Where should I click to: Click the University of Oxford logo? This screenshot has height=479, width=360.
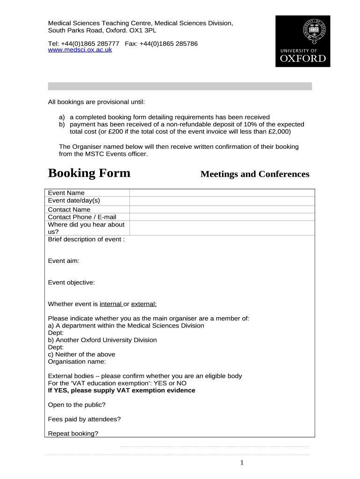point(302,41)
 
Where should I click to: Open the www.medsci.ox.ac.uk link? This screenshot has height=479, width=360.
point(80,50)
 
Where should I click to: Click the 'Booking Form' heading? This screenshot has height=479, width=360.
point(89,173)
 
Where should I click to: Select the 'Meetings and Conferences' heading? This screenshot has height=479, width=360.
point(255,174)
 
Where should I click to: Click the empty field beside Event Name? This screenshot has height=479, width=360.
point(222,193)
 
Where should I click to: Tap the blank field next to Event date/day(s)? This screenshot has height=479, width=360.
point(222,201)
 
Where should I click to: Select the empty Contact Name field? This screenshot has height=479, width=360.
point(222,210)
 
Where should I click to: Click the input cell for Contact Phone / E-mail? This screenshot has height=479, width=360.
point(222,217)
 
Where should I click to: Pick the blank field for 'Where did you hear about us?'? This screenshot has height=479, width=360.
point(222,228)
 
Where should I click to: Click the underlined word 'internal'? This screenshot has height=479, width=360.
point(111,304)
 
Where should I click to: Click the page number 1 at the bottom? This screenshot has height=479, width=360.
point(242,463)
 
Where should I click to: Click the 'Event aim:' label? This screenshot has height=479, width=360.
point(64,261)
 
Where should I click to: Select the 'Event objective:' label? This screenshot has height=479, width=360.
point(72,283)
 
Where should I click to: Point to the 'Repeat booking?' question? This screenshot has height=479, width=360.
point(73,434)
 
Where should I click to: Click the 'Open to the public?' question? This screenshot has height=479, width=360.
point(77,405)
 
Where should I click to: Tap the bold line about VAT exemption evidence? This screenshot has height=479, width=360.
point(122,391)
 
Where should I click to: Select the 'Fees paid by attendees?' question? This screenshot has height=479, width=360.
point(85,419)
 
